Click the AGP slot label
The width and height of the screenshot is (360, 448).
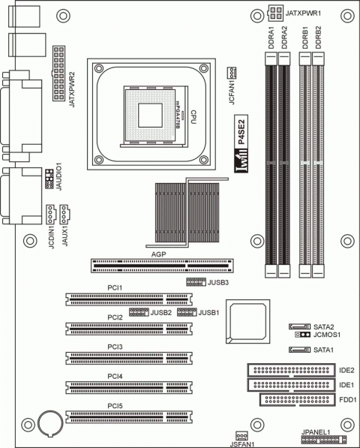pyautogui.click(x=158, y=254)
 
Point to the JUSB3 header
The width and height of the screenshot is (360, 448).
pyautogui.click(x=196, y=283)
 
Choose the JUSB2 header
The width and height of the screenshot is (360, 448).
pyautogui.click(x=139, y=311)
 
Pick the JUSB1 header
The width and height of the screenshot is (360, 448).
pyautogui.click(x=187, y=311)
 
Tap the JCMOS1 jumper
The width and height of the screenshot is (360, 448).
pyautogui.click(x=303, y=336)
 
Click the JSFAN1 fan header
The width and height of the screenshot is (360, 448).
pyautogui.click(x=241, y=435)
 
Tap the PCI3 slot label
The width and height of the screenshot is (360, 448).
pyautogui.click(x=115, y=347)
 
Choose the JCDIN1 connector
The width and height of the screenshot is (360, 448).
pyautogui.click(x=50, y=214)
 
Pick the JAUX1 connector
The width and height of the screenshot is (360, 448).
pyautogui.click(x=65, y=214)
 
